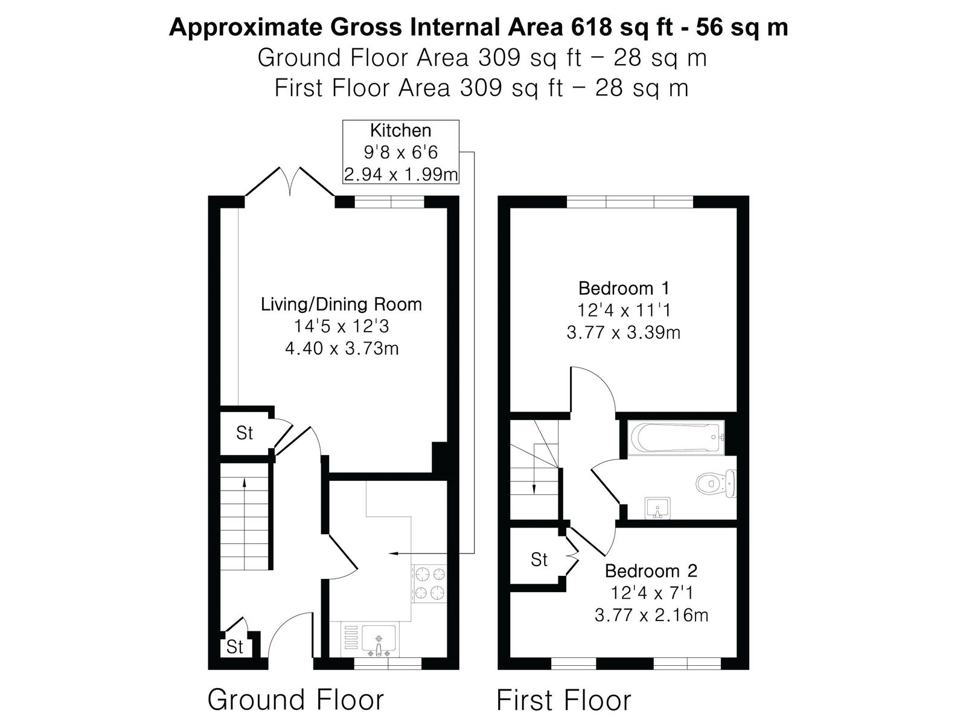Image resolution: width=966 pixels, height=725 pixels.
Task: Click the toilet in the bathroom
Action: (715, 483)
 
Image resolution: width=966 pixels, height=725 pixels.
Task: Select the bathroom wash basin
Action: (657, 509)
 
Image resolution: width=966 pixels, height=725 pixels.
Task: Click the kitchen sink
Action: (379, 639)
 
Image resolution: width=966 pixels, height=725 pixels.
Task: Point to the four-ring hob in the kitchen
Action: (429, 583)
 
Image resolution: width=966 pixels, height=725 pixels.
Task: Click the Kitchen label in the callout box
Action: (400, 130)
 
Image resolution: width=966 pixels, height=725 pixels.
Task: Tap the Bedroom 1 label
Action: (624, 288)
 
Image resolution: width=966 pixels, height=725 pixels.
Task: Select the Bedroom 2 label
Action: (651, 571)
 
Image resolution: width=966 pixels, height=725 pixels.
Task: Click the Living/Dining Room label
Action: (342, 304)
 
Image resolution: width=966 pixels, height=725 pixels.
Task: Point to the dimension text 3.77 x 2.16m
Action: (651, 615)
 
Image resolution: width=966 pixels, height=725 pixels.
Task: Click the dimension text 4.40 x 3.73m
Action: (342, 348)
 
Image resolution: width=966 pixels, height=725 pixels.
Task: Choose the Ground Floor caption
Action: (296, 700)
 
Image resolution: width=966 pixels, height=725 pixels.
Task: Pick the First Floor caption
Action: (564, 700)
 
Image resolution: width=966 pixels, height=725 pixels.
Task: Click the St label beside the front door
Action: (235, 646)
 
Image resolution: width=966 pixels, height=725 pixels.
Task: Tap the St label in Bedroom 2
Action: (539, 560)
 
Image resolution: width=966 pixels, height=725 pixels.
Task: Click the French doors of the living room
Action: (290, 181)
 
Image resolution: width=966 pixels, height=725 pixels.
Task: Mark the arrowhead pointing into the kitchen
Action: (392, 553)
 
